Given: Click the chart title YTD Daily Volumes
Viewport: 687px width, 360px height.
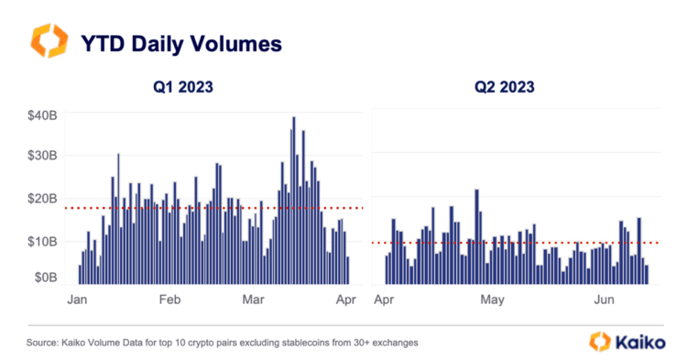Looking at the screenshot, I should coord(183,43).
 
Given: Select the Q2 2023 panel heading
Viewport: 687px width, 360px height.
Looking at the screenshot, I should coord(505,88).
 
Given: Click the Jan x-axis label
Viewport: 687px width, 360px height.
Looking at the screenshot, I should coord(77,300).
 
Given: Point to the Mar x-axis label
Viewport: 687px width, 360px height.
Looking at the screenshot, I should coord(254,300).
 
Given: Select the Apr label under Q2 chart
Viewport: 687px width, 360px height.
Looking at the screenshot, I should coord(387,300).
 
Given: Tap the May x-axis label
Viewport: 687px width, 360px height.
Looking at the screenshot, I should coord(494,300).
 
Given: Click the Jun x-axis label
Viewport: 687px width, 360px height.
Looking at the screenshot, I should coord(605,300).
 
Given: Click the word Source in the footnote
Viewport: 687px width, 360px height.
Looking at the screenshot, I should coord(47,342).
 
